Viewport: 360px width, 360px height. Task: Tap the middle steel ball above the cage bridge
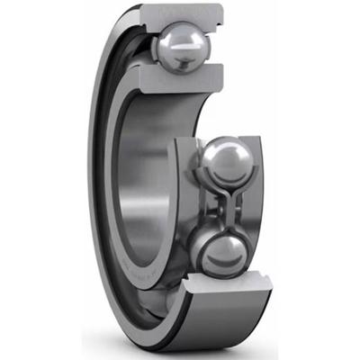(x=225, y=161)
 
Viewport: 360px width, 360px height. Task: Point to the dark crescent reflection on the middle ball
(x=227, y=175)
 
